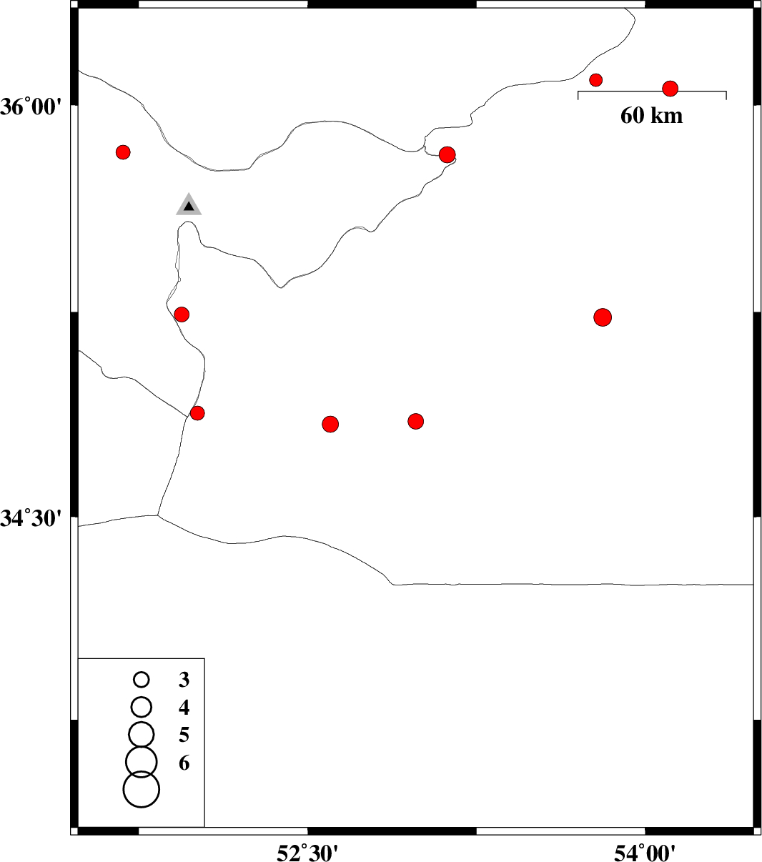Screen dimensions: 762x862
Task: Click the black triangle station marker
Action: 189,205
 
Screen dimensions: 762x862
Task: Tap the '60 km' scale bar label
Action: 651,116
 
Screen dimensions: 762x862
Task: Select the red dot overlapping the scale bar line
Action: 670,89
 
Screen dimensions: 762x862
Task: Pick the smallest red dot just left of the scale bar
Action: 595,79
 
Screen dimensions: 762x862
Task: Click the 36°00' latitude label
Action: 28,106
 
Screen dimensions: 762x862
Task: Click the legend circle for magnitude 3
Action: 142,680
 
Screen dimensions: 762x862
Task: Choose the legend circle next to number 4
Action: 142,707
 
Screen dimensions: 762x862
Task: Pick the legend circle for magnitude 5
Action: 142,734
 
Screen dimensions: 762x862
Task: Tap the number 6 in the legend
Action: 184,763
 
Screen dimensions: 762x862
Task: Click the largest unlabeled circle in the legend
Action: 142,789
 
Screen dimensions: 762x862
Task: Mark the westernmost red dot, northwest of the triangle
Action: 123,152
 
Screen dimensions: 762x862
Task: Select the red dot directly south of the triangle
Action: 182,314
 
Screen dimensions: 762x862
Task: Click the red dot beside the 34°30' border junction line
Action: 197,412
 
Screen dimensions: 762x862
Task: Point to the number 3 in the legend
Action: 184,680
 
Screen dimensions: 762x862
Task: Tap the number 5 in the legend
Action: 184,735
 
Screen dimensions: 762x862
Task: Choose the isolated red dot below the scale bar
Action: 603,317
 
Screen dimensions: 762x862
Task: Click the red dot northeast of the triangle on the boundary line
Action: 447,155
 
